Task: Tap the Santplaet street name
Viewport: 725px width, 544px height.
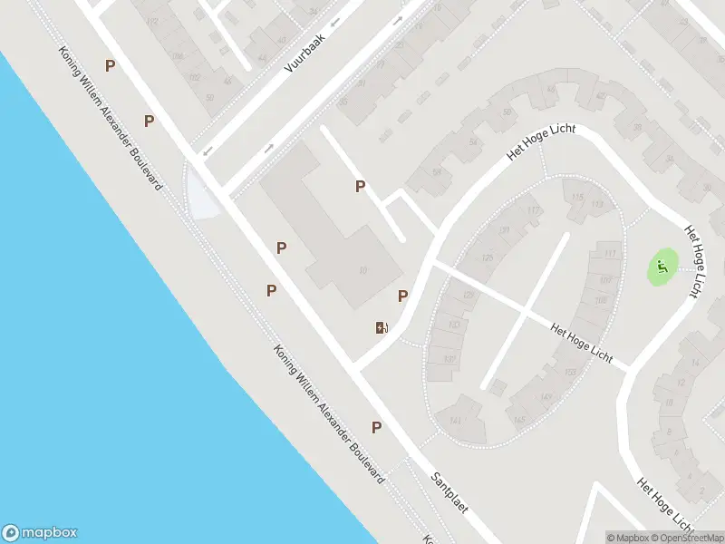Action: (x=449, y=492)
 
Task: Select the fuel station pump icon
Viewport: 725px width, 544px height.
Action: (x=382, y=327)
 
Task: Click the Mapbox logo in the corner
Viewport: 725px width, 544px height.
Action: (x=40, y=533)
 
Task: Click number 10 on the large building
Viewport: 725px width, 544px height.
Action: (x=363, y=270)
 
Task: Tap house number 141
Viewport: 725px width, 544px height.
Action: (x=456, y=419)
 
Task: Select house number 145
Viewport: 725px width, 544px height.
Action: (x=518, y=420)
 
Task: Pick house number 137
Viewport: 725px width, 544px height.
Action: (x=449, y=359)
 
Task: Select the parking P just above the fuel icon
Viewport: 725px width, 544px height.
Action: (x=403, y=296)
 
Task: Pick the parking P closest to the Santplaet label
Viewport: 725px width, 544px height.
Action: (x=376, y=427)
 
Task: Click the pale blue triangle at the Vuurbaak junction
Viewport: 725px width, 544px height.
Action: (x=201, y=196)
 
